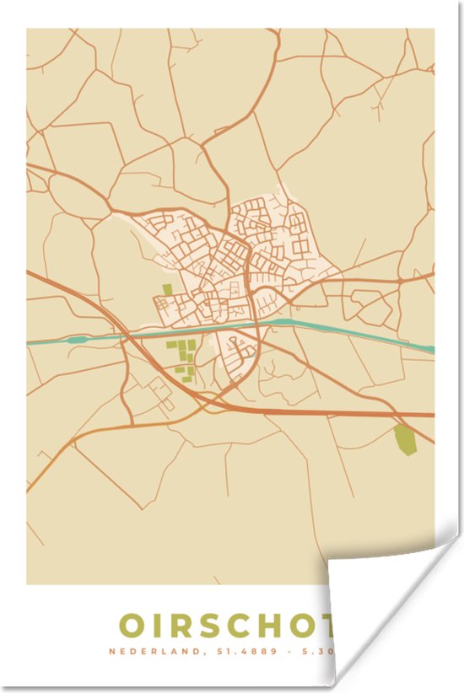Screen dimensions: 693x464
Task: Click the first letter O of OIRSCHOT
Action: [132, 626]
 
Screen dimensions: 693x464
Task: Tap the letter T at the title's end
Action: [334, 626]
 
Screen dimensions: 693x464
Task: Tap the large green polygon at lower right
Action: [406, 438]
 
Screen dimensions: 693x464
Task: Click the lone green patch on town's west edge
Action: [166, 290]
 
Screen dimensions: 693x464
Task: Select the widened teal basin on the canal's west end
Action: [76, 340]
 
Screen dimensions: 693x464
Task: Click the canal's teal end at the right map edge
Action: [429, 348]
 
